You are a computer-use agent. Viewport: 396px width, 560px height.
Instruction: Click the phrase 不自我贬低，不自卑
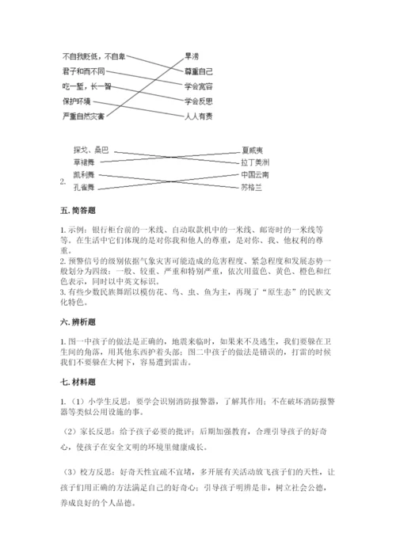(x=93, y=57)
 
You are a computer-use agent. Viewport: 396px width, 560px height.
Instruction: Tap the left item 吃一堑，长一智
(x=86, y=86)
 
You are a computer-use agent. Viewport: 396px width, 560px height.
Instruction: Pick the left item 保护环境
(x=77, y=101)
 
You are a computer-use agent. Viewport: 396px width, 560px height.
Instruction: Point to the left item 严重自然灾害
(x=84, y=116)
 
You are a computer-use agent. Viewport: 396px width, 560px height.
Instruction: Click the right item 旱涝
(x=192, y=56)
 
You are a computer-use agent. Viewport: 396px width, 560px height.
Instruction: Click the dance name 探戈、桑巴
(x=89, y=149)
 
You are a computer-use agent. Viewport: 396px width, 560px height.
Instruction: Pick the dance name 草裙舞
(x=83, y=161)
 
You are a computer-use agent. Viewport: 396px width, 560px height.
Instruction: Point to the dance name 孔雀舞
(x=83, y=187)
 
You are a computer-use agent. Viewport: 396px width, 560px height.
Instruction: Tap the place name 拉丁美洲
(x=255, y=161)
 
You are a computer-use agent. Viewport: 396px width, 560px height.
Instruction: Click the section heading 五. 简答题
(x=78, y=211)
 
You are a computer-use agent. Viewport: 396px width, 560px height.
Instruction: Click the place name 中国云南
(x=255, y=173)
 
